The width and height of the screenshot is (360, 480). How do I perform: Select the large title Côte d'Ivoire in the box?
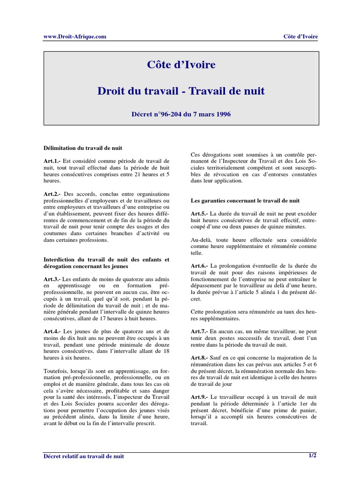click(x=180, y=65)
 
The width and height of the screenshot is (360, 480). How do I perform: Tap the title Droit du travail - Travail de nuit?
click(x=180, y=91)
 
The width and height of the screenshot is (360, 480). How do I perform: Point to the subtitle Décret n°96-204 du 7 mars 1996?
click(x=180, y=114)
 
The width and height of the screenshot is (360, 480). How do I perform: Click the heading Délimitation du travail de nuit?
click(x=82, y=148)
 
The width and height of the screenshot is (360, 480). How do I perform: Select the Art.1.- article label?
click(x=52, y=161)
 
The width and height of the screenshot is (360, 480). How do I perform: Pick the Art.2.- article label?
click(x=52, y=194)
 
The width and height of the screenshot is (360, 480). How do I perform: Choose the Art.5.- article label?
click(x=199, y=213)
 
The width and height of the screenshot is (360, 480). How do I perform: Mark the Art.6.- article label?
click(x=199, y=266)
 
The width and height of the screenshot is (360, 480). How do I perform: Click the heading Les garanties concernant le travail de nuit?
click(x=245, y=200)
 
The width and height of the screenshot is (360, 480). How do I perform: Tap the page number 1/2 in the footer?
click(x=312, y=455)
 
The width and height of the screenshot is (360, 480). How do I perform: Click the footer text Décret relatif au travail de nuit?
click(x=84, y=456)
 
